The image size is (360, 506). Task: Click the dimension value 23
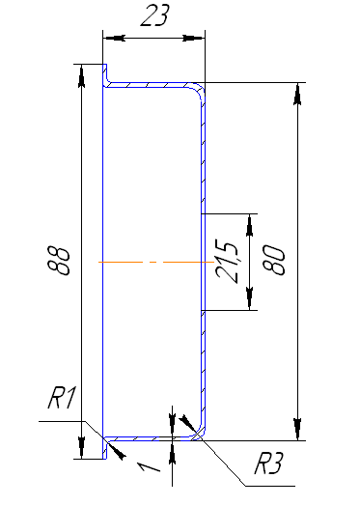tap(154, 15)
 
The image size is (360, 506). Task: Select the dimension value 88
tap(58, 261)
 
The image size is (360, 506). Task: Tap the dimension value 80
tap(274, 260)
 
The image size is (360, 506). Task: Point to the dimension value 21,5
tap(228, 263)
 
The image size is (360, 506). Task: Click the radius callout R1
tap(62, 398)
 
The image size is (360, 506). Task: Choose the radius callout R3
tap(268, 464)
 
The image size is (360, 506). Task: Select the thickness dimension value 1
tap(149, 466)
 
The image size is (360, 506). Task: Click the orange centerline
tap(156, 262)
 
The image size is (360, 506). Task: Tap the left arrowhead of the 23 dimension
tap(114, 38)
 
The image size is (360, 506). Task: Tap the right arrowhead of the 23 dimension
tap(194, 38)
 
